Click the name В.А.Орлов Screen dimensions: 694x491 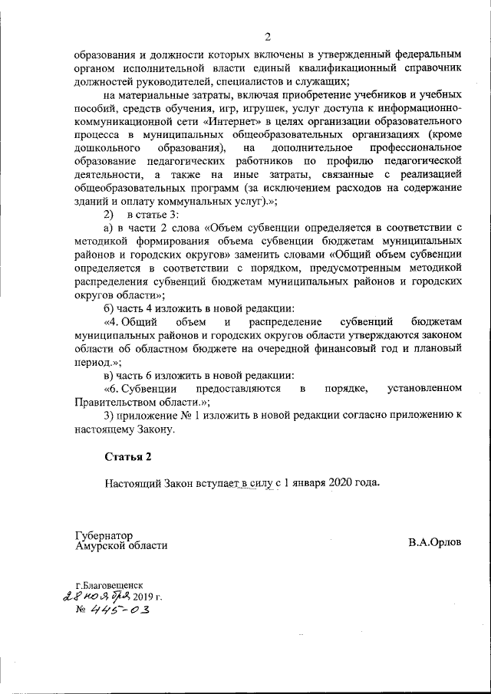coord(435,541)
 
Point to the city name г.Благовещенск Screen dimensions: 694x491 coord(108,584)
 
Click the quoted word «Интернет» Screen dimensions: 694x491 coord(244,120)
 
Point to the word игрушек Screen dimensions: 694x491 coord(242,107)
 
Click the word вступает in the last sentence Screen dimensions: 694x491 coord(215,483)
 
